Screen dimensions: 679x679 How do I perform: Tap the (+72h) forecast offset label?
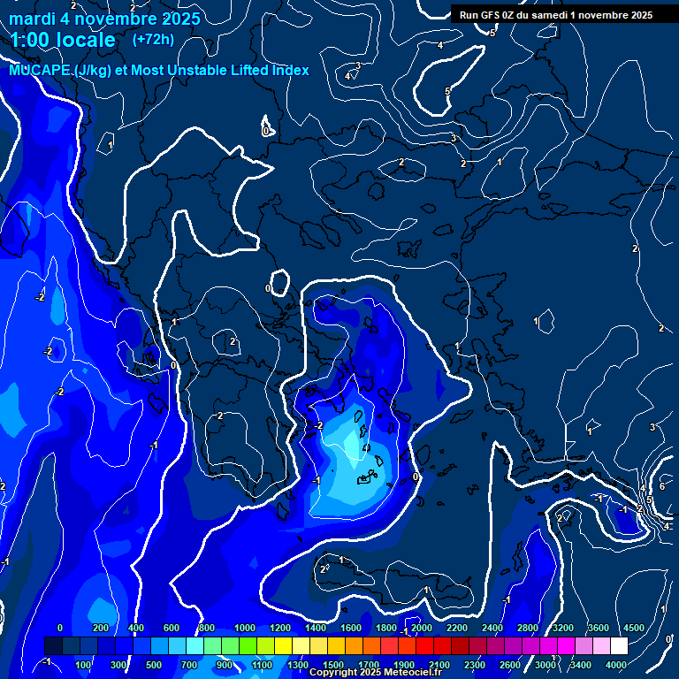tap(153, 39)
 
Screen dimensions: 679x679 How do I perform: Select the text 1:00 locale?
tap(63, 40)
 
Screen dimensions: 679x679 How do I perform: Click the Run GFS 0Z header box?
tap(554, 14)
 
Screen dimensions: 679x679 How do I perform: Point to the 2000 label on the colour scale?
tap(421, 628)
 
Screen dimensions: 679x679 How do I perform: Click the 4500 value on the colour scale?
tap(633, 628)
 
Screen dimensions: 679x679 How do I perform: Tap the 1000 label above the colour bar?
tap(244, 628)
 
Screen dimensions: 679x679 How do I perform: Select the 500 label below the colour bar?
tap(154, 664)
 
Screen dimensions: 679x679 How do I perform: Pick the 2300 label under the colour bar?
tap(474, 664)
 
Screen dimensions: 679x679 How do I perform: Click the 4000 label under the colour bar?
tap(616, 664)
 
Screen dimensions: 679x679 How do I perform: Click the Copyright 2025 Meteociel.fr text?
tap(376, 673)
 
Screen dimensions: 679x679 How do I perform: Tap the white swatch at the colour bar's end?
tap(619, 645)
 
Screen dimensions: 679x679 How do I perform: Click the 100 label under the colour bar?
tap(83, 664)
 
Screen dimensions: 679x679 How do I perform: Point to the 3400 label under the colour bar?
tap(581, 664)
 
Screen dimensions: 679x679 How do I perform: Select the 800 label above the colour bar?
tap(207, 628)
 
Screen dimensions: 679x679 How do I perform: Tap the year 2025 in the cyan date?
tap(176, 19)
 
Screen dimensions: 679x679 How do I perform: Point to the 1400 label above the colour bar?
tap(315, 628)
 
